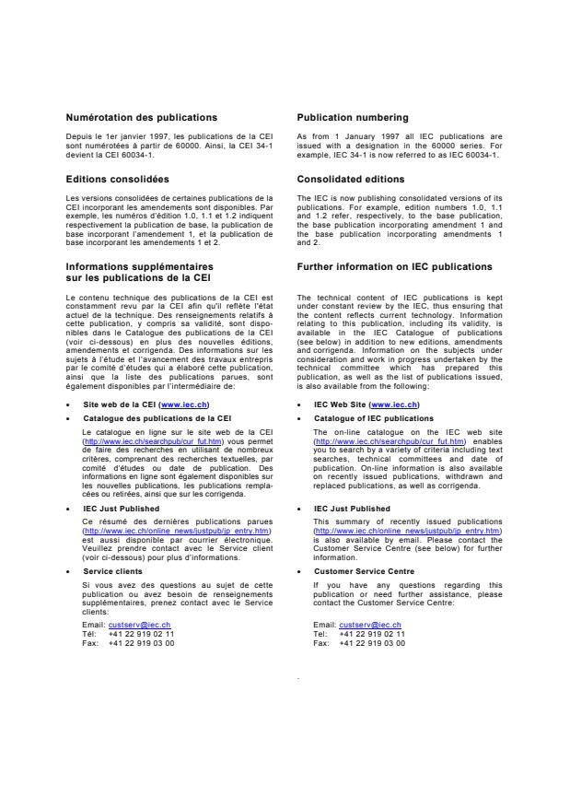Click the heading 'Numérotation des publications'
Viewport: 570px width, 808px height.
(141, 118)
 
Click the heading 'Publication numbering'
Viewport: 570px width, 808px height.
(353, 118)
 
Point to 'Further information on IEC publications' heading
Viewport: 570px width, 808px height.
(394, 267)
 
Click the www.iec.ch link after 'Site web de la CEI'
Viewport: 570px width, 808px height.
(184, 404)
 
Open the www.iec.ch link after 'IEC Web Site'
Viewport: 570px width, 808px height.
(394, 404)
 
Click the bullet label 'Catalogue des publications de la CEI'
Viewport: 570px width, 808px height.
(157, 417)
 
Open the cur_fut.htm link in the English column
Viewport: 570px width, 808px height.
(384, 441)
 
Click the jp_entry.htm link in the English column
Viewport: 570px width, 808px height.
(407, 532)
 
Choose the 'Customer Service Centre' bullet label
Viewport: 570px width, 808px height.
(364, 571)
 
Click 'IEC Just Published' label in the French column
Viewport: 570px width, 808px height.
(121, 508)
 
